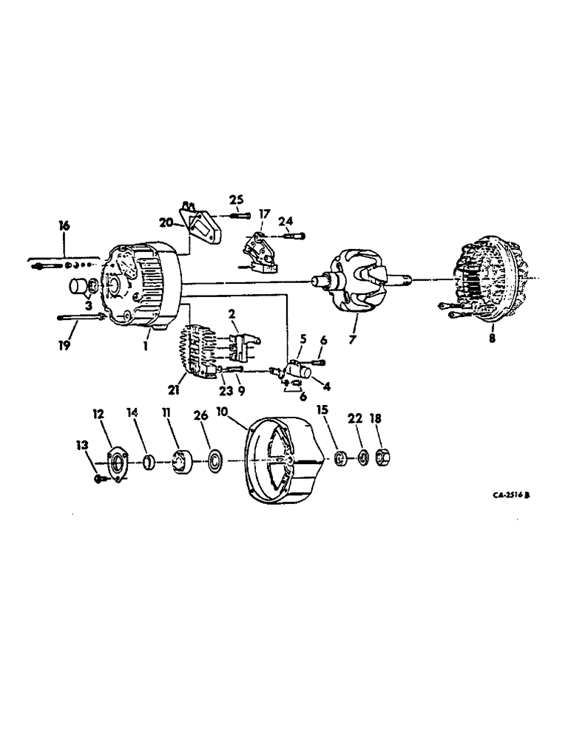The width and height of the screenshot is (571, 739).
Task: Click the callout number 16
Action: [64, 225]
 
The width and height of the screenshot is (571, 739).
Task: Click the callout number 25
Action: [235, 200]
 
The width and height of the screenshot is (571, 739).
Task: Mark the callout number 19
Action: [64, 344]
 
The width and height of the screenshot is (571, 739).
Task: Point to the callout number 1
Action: [147, 345]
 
